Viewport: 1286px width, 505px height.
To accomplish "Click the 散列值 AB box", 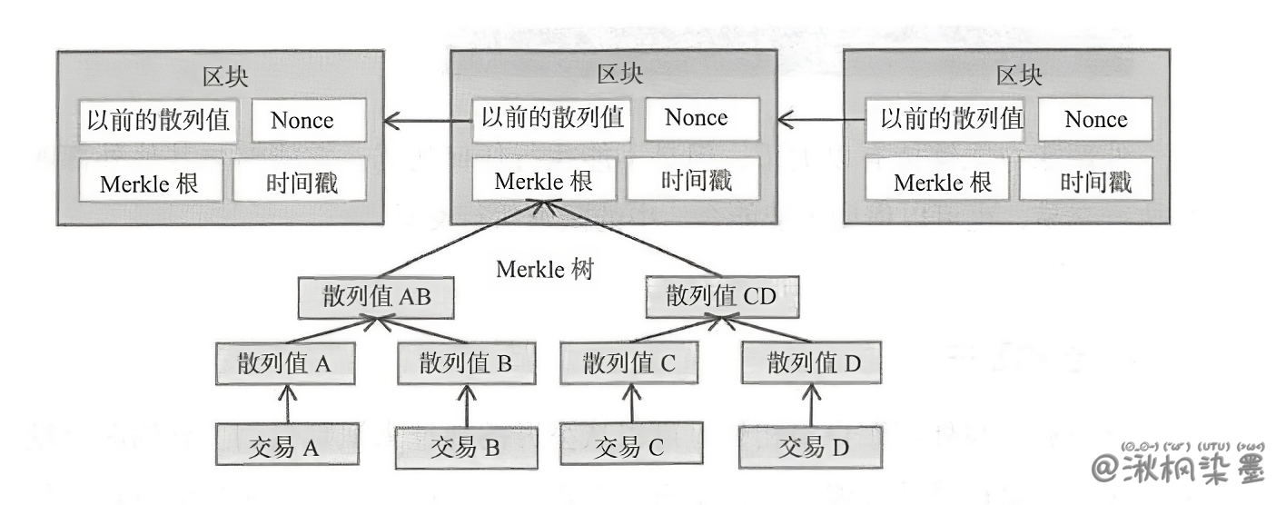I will (x=376, y=298).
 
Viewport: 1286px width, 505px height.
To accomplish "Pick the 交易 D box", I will (x=810, y=446).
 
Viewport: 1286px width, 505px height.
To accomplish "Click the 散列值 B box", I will (x=467, y=365).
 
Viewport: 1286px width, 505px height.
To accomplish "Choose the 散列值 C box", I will (x=629, y=365).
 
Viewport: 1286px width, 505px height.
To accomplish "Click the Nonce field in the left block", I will (x=302, y=121).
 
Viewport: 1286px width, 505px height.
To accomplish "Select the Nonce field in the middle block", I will (x=697, y=118).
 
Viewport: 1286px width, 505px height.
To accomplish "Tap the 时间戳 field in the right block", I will (x=1095, y=182).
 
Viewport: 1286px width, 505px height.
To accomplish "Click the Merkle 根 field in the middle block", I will (x=544, y=181).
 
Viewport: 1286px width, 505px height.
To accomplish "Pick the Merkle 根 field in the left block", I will (x=149, y=183).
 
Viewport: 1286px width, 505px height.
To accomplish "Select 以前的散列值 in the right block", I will (x=950, y=120).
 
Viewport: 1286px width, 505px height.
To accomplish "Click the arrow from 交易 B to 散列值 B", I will (x=467, y=405).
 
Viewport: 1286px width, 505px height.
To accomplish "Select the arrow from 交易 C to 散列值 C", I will (x=630, y=405).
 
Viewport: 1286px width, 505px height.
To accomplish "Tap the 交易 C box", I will (x=629, y=446).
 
